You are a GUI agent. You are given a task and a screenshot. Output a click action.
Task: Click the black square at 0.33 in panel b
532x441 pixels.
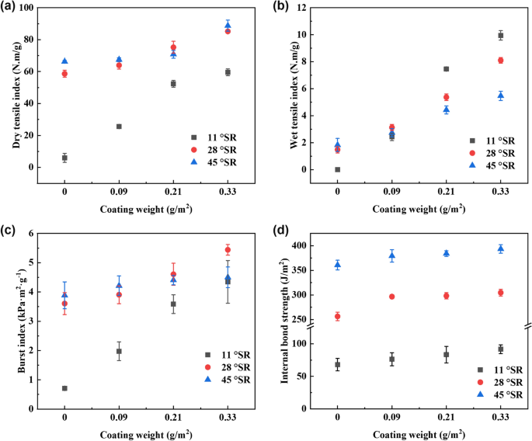[501, 35]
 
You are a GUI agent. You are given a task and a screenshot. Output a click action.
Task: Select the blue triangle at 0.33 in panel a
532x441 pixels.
[228, 25]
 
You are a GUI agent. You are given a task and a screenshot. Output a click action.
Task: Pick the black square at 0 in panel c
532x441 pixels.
[64, 388]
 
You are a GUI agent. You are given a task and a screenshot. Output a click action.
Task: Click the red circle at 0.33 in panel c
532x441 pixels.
[228, 249]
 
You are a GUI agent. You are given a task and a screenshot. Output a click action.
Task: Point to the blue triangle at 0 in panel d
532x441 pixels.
[337, 265]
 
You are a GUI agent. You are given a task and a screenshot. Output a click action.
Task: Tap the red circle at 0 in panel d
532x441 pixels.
[337, 316]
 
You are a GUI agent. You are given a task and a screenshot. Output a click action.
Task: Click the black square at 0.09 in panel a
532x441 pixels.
[119, 126]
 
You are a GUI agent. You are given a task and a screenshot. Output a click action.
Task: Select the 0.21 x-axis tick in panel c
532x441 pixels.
[173, 418]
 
